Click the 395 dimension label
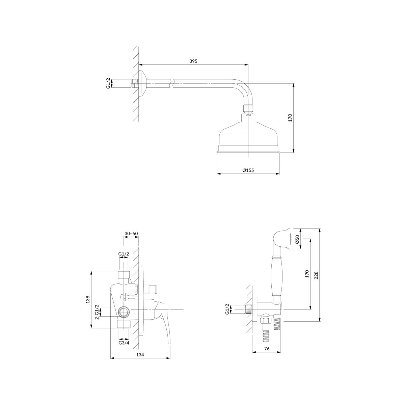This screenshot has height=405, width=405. click(x=193, y=61)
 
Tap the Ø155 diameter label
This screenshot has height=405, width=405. click(x=248, y=170)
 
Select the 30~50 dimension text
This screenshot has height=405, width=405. click(x=131, y=234)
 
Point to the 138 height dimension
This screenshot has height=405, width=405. click(x=88, y=299)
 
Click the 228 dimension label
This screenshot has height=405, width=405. click(x=317, y=275)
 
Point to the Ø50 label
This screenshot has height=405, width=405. click(x=297, y=239)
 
